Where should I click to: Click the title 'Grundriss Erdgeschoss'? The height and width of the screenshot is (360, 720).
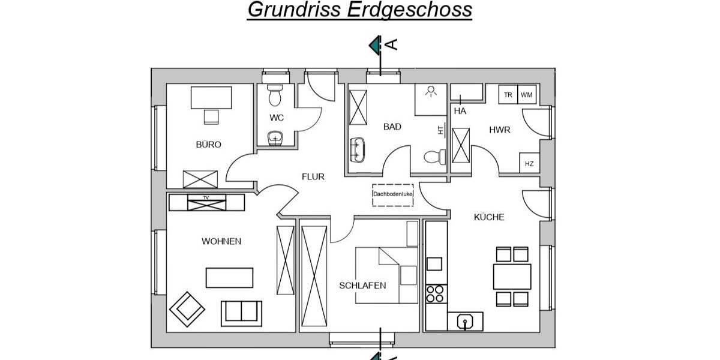[359, 10]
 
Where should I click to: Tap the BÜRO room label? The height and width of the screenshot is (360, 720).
[208, 145]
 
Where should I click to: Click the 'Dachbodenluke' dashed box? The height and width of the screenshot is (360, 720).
[393, 194]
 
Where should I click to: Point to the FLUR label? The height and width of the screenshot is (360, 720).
[313, 176]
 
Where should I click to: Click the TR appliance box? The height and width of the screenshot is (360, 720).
[508, 95]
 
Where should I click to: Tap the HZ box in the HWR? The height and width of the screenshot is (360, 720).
[529, 163]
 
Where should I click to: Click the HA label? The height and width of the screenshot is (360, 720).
[460, 111]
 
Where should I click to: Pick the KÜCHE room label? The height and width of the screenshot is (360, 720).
[489, 217]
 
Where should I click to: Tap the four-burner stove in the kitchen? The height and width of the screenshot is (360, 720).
[435, 293]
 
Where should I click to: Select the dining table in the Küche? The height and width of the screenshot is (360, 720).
[512, 277]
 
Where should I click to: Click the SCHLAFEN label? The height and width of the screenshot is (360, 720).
[362, 285]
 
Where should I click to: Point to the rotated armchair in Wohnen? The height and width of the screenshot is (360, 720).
[187, 309]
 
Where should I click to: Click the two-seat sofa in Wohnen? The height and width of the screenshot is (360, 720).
[241, 312]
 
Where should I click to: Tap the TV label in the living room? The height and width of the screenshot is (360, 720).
[206, 197]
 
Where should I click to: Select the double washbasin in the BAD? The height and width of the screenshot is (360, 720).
[358, 148]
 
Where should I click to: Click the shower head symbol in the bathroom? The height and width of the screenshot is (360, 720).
[430, 91]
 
